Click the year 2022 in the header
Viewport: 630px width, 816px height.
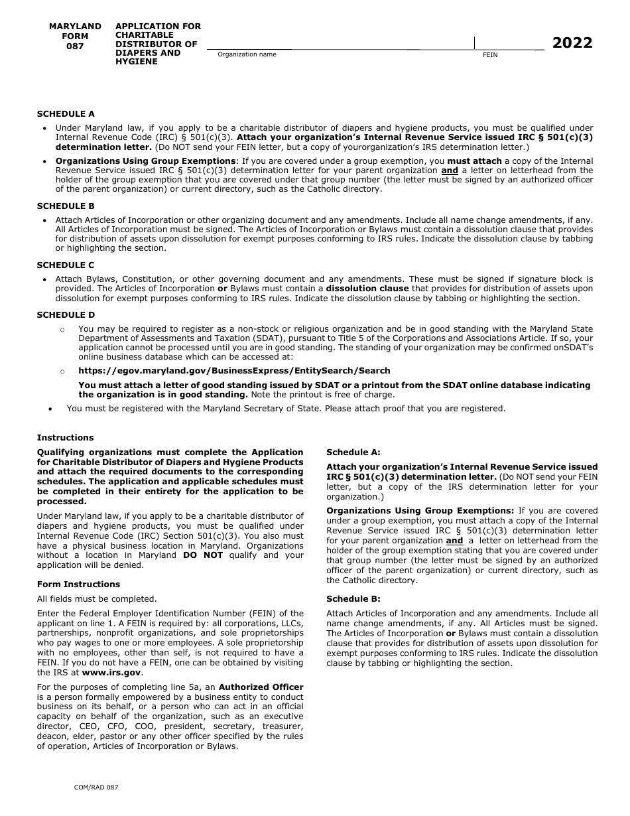[572, 43]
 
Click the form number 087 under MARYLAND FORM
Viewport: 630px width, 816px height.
[75, 46]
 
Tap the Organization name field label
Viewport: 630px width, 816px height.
[247, 54]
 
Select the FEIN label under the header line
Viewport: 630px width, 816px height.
[490, 55]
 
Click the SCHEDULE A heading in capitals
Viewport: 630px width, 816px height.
[66, 114]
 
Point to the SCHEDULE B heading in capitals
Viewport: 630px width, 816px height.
[66, 206]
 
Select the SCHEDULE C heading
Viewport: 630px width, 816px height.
[66, 265]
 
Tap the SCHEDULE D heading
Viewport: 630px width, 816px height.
[66, 315]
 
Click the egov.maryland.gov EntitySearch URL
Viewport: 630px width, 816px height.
[234, 371]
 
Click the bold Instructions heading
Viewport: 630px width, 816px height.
[65, 438]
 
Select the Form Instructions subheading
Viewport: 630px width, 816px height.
[78, 584]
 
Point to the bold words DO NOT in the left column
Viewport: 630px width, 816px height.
[203, 555]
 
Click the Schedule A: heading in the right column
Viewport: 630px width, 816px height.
[353, 452]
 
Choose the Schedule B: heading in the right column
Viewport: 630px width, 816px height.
[353, 599]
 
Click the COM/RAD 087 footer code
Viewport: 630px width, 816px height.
[96, 787]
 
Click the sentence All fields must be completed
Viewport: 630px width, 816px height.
[97, 599]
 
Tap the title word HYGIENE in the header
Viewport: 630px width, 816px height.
[137, 62]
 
